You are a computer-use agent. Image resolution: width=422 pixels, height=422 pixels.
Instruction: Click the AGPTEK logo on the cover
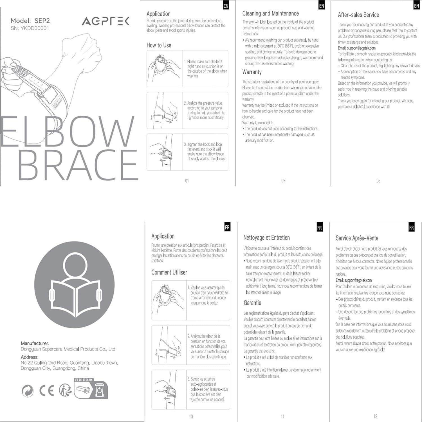click(x=105, y=21)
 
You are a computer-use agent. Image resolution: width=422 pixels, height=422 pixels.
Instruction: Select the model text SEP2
click(x=42, y=21)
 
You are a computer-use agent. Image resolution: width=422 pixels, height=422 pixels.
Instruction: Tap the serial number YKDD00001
click(x=35, y=28)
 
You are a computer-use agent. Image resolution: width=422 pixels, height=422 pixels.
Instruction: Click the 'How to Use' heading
click(x=159, y=45)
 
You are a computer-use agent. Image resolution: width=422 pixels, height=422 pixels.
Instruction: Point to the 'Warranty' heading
click(x=252, y=72)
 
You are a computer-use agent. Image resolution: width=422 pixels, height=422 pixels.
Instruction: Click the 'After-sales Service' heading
click(x=358, y=15)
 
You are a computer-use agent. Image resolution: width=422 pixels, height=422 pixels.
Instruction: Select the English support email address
click(x=361, y=48)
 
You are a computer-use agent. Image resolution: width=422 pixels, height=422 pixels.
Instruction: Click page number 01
click(x=187, y=181)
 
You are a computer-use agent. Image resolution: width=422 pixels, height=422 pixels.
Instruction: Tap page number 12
click(x=375, y=416)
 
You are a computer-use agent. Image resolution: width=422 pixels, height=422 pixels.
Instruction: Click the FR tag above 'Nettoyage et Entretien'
click(x=319, y=228)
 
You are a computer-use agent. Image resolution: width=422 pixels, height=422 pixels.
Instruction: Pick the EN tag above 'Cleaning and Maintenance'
click(x=322, y=6)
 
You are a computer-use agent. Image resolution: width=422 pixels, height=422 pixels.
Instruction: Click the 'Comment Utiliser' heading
click(x=169, y=272)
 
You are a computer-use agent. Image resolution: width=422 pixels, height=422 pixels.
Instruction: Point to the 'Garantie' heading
click(x=252, y=303)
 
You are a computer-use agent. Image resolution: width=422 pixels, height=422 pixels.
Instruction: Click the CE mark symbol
click(x=47, y=390)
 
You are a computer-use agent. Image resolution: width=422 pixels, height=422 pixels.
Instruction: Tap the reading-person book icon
click(x=75, y=285)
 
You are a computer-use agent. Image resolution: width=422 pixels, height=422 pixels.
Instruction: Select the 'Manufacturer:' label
click(x=35, y=343)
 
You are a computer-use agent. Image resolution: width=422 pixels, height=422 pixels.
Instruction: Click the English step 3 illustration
click(x=165, y=152)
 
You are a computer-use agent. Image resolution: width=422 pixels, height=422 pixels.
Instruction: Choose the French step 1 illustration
click(x=169, y=300)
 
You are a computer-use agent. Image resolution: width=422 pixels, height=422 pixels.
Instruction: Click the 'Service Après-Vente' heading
click(x=357, y=238)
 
